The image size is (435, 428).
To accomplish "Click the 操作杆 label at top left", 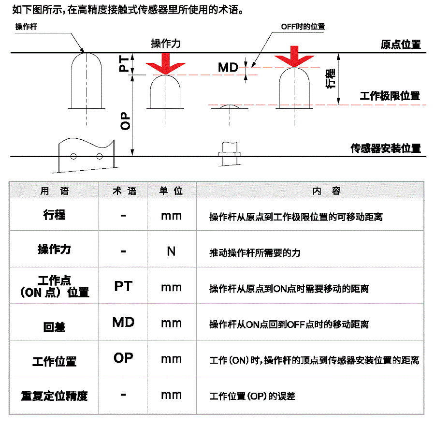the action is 26,27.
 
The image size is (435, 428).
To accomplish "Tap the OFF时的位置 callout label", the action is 303,27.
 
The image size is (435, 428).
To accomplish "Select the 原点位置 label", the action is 401,44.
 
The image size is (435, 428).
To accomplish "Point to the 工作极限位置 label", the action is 390,96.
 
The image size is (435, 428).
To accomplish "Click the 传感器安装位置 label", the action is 386,148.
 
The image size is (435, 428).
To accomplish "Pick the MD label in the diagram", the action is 228,67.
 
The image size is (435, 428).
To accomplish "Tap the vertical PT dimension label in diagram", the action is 124,63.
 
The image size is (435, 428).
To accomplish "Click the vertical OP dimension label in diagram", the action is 125,121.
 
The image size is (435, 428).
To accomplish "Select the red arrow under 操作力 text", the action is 166,64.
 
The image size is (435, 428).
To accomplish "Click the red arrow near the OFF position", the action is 294,57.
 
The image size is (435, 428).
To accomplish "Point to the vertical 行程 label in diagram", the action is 331,78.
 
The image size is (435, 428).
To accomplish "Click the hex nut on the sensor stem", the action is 230,154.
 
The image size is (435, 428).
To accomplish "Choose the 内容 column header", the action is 327,191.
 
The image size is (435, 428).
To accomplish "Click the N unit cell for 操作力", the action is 171,251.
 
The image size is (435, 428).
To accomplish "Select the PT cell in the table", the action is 123,286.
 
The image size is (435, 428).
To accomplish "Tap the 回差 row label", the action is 54,327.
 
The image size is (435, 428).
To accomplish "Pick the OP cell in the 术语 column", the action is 123,358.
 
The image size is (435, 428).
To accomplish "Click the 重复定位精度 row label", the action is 54,396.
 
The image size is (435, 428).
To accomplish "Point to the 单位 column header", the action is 171,191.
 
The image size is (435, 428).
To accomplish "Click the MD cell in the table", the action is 123,322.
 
